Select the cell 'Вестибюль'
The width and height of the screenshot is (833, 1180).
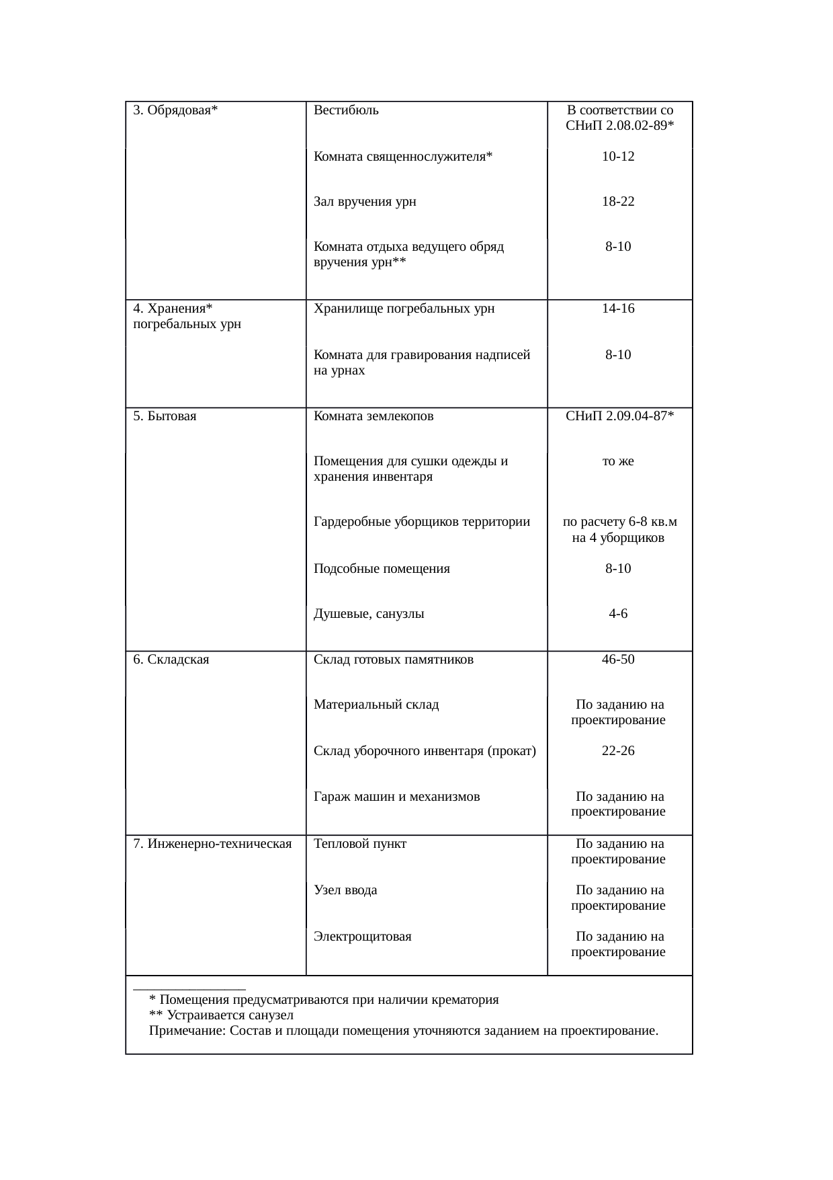point(346,110)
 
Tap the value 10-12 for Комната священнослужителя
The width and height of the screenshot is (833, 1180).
point(618,157)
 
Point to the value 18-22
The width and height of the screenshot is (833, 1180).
point(618,202)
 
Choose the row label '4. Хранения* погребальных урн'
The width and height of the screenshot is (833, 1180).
point(187,316)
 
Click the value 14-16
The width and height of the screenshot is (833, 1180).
point(618,309)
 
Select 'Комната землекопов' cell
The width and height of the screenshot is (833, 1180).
point(374,416)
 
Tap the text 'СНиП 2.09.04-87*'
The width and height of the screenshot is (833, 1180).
point(619,416)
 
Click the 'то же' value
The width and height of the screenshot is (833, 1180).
point(618,461)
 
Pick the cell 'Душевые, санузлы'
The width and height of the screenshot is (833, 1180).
point(369,614)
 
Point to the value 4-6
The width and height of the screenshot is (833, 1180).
point(618,614)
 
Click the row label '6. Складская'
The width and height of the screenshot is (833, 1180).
point(171,660)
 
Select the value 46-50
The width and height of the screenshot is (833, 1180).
point(618,660)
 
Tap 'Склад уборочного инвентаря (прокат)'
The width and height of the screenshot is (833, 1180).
point(425,751)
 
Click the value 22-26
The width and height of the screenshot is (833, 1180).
point(618,751)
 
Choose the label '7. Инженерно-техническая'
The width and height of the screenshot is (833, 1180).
point(212,844)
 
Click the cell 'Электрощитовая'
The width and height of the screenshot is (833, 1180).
point(363,937)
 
